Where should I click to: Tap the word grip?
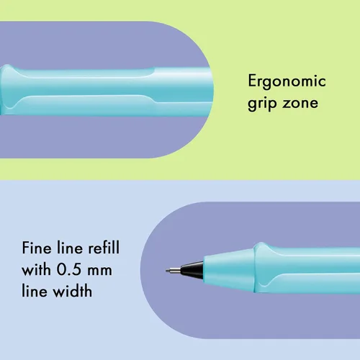(x=261, y=104)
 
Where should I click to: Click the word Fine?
(x=36, y=248)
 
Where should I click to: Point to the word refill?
(x=104, y=248)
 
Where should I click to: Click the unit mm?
(x=99, y=271)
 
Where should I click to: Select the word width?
(x=72, y=291)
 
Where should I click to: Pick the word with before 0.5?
(x=36, y=269)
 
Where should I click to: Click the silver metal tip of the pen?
(x=174, y=271)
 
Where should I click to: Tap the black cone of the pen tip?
(x=192, y=270)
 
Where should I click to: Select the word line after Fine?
(x=71, y=248)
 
